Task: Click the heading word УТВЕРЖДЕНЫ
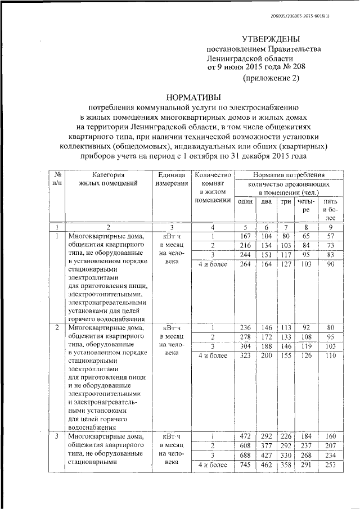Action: pos(271,39)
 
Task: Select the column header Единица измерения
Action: pos(172,180)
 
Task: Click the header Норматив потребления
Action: pos(289,175)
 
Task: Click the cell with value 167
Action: pos(244,236)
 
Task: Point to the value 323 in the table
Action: pos(244,357)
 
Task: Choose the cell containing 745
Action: pos(244,464)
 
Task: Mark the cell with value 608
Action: pos(244,445)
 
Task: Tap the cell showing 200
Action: pos(265,357)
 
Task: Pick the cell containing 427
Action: pos(265,454)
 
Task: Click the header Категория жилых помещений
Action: pos(107,180)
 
